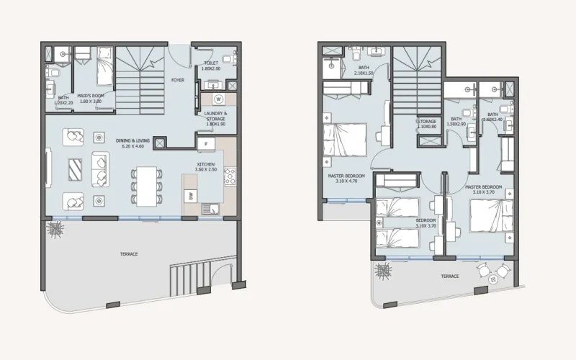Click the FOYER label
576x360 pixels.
pos(176,81)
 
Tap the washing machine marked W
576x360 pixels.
pos(217,99)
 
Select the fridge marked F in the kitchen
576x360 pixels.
pos(205,144)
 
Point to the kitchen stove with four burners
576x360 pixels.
pos(230,176)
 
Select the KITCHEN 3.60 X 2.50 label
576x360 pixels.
pos(206,167)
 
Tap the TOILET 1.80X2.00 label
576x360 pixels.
pos(211,66)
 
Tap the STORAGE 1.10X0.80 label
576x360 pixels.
pos(427,124)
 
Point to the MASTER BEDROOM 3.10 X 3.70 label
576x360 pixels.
pos(483,189)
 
